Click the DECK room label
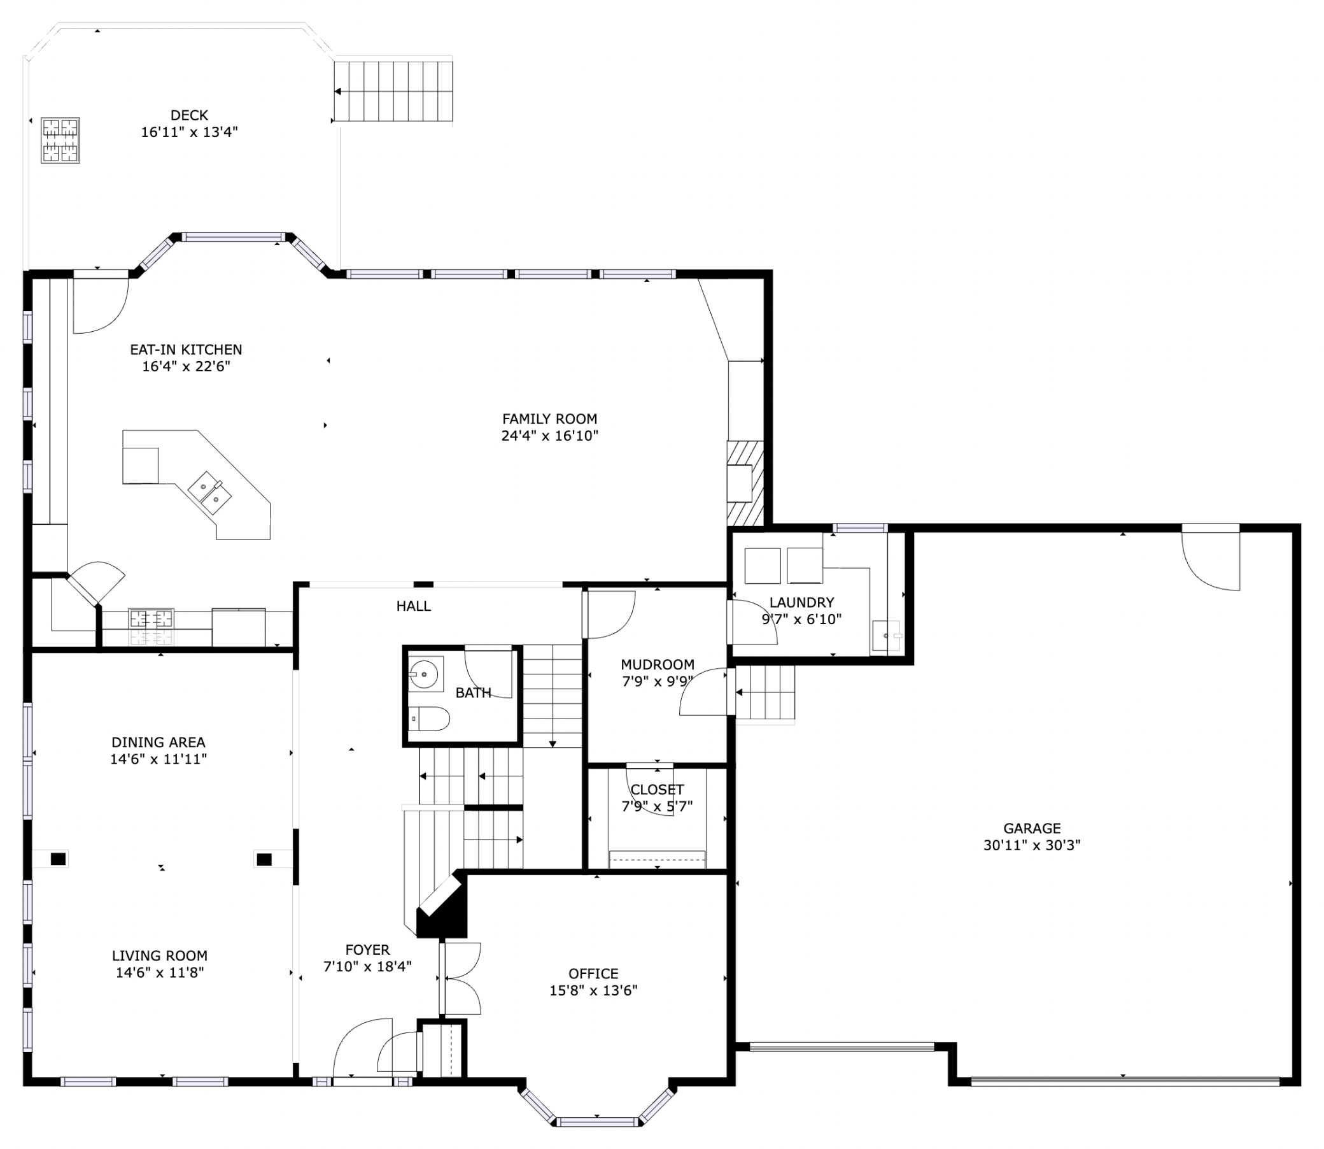pos(189,115)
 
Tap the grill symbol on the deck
pos(60,140)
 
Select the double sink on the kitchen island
pos(209,492)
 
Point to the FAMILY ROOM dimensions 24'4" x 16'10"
pos(549,436)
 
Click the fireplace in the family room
pos(744,483)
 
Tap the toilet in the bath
pos(429,719)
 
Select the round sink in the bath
pos(424,674)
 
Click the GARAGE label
pos(1031,829)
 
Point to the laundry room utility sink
pos(887,636)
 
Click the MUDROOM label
pos(657,665)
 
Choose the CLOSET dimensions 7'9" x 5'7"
pos(657,806)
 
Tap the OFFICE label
pos(593,973)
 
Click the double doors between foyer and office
pos(460,979)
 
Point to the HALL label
pos(413,606)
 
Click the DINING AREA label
pos(158,743)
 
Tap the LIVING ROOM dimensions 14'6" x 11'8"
pos(160,973)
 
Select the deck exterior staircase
pos(393,91)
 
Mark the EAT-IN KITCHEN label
pos(186,350)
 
